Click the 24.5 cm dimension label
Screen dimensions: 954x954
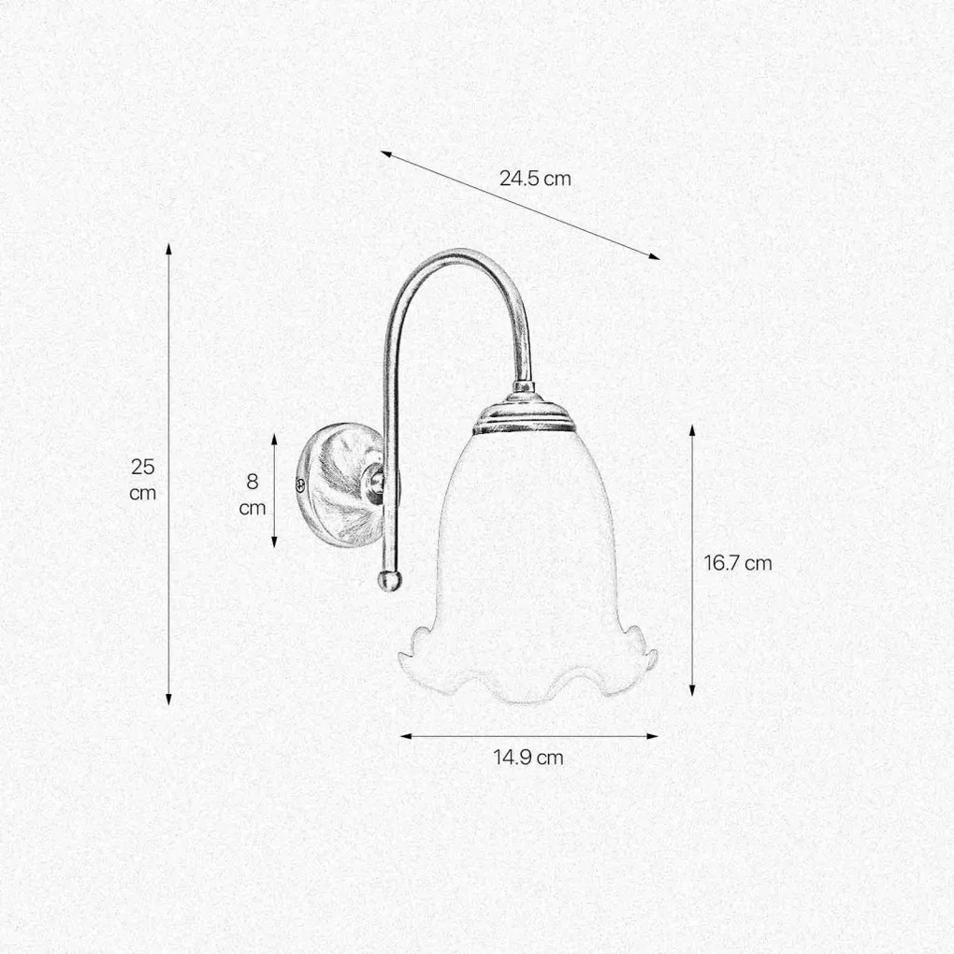pyautogui.click(x=535, y=179)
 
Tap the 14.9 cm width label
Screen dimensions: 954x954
pyautogui.click(x=528, y=758)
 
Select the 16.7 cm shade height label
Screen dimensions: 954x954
pyautogui.click(x=738, y=563)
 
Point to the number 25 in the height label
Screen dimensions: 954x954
pyautogui.click(x=143, y=468)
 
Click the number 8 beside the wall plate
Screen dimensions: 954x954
pyautogui.click(x=253, y=482)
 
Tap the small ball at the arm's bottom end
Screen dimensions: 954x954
pyautogui.click(x=389, y=580)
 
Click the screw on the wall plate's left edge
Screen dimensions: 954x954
pyautogui.click(x=299, y=484)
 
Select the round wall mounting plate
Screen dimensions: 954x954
pyautogui.click(x=340, y=484)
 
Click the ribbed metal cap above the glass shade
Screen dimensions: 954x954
pyautogui.click(x=524, y=412)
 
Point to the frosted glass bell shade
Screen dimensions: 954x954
pyautogui.click(x=527, y=566)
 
